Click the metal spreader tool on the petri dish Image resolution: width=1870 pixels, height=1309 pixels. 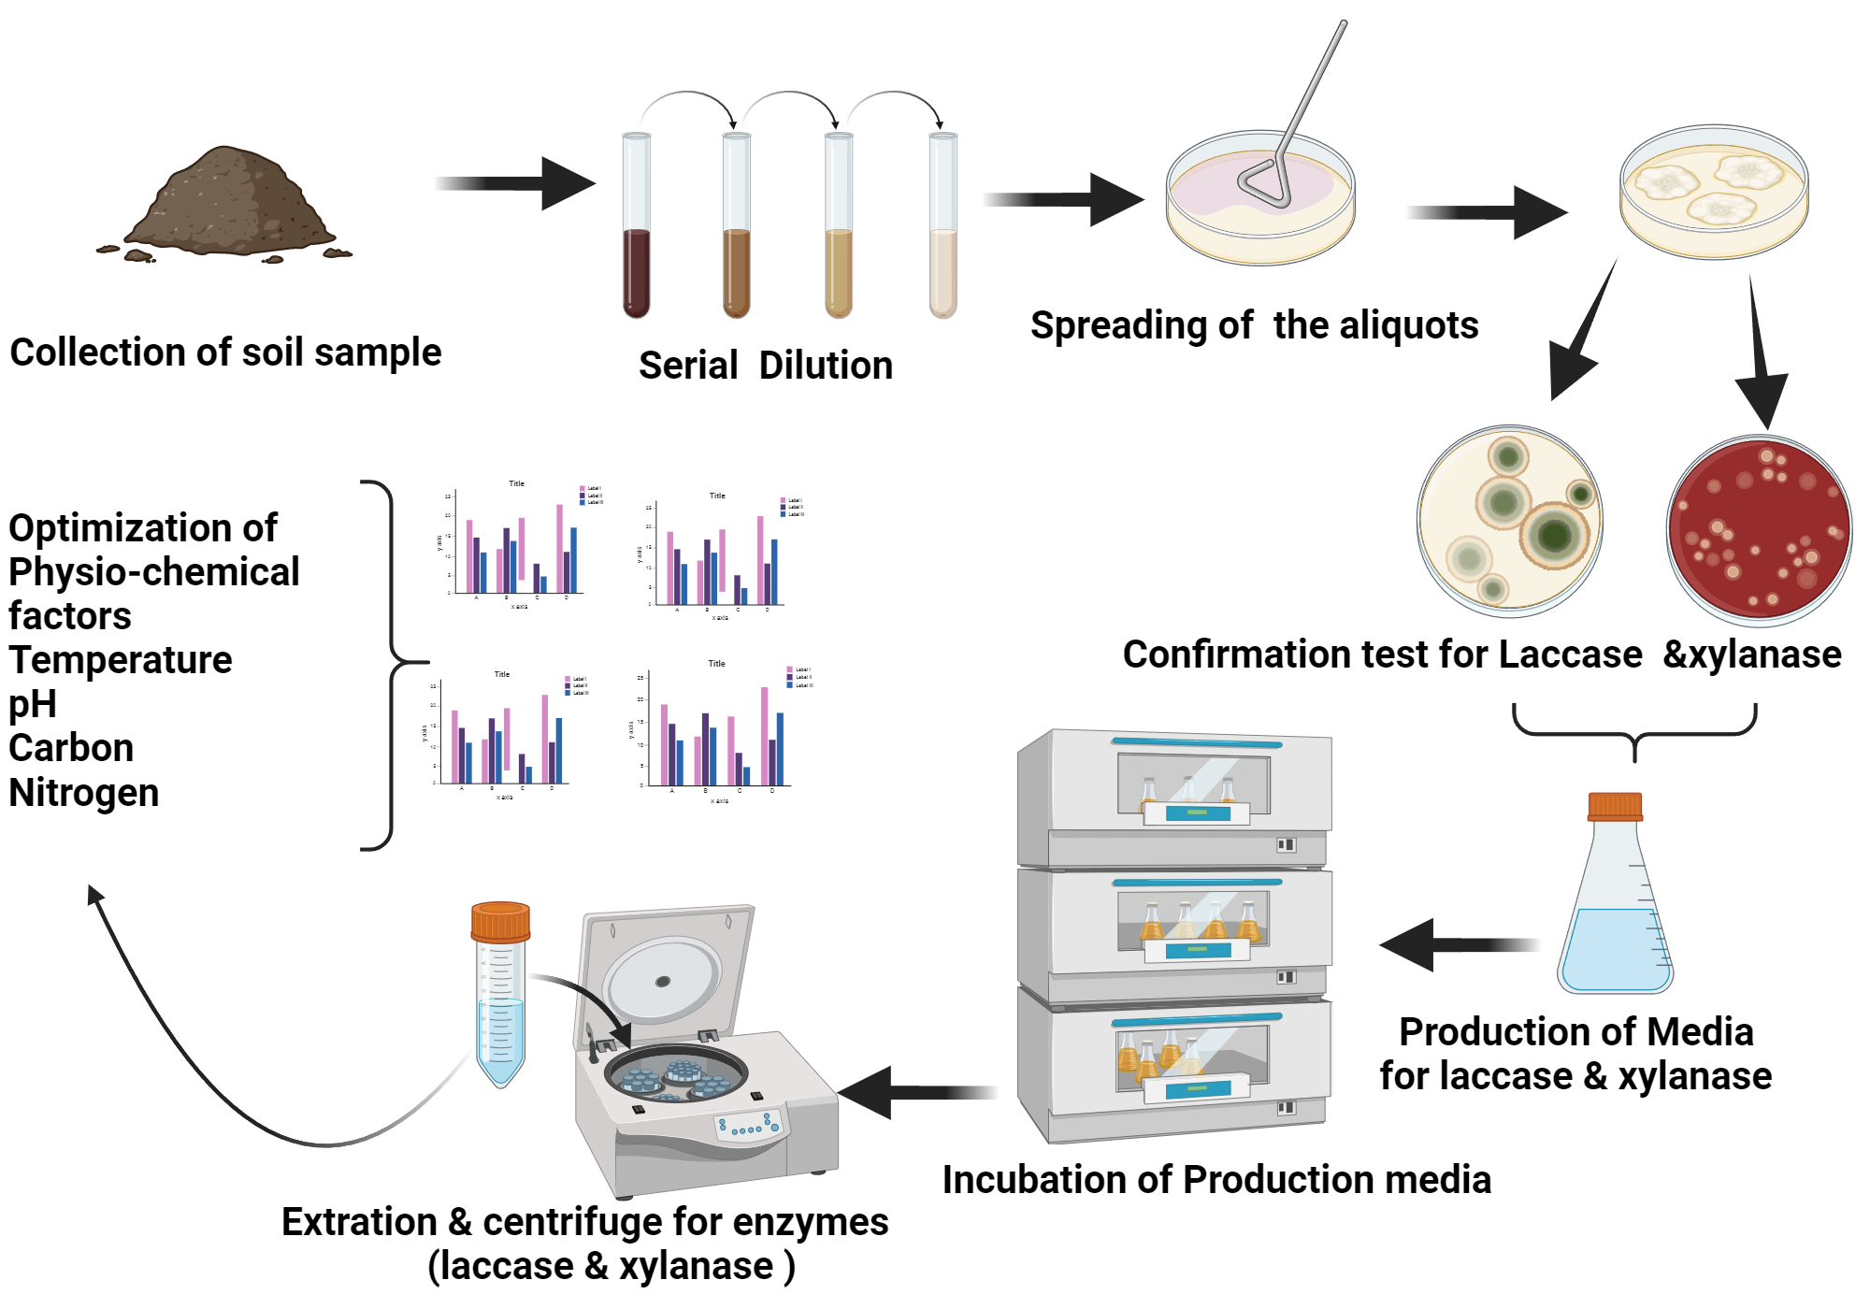[x=1295, y=122]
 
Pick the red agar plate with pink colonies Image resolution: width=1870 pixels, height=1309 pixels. [x=1759, y=530]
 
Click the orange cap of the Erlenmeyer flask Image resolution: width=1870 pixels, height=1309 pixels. [x=1615, y=806]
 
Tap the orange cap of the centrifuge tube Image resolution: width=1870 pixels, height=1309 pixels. [x=500, y=921]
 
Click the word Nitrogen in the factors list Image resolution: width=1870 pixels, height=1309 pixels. [x=84, y=793]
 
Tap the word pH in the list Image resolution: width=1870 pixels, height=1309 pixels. [x=33, y=704]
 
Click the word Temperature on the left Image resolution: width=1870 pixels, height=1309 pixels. [x=121, y=660]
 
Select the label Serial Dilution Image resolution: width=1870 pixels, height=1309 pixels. [x=765, y=366]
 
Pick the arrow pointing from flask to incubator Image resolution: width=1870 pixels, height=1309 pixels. [x=1459, y=944]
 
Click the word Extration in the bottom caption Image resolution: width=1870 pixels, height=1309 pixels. [x=359, y=1222]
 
